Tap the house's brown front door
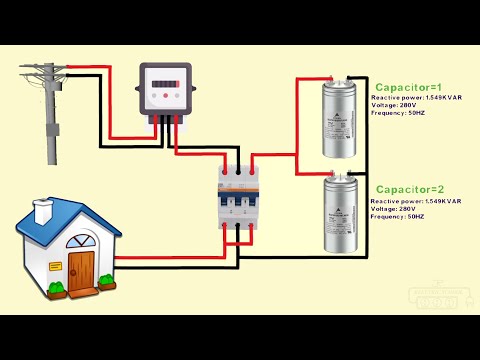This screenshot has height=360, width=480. (81, 268)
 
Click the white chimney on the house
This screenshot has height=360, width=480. (43, 211)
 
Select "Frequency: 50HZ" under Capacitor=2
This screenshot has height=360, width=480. (396, 215)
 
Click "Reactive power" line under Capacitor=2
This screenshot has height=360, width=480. (415, 201)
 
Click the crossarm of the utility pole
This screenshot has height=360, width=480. (45, 74)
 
